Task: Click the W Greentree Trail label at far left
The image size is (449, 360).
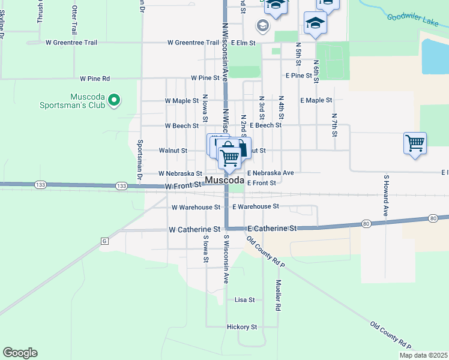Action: (71, 43)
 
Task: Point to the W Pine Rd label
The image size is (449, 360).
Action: (95, 79)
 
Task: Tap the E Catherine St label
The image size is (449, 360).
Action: (272, 229)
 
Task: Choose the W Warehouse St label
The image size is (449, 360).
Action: (196, 208)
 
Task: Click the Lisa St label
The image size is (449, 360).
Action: (245, 299)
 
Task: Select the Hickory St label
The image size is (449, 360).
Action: (242, 327)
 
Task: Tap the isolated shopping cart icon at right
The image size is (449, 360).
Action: (415, 143)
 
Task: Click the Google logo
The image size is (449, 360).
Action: (20, 353)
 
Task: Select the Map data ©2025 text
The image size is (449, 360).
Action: (423, 355)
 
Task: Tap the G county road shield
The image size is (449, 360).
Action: (104, 241)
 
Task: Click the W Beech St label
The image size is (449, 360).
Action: (182, 126)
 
